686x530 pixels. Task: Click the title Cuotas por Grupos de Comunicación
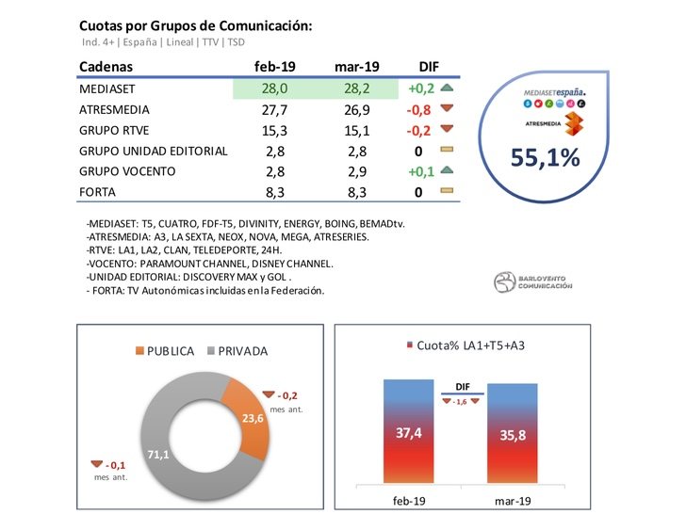coord(195,25)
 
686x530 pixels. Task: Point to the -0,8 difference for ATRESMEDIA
coord(419,109)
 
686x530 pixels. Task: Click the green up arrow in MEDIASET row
coord(447,88)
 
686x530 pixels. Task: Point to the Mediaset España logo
coord(554,94)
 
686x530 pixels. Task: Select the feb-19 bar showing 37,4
coord(410,433)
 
